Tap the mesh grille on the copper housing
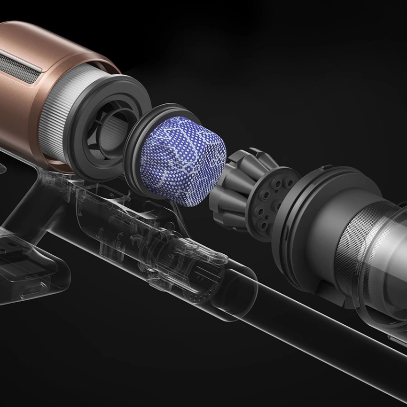click(19, 68)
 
